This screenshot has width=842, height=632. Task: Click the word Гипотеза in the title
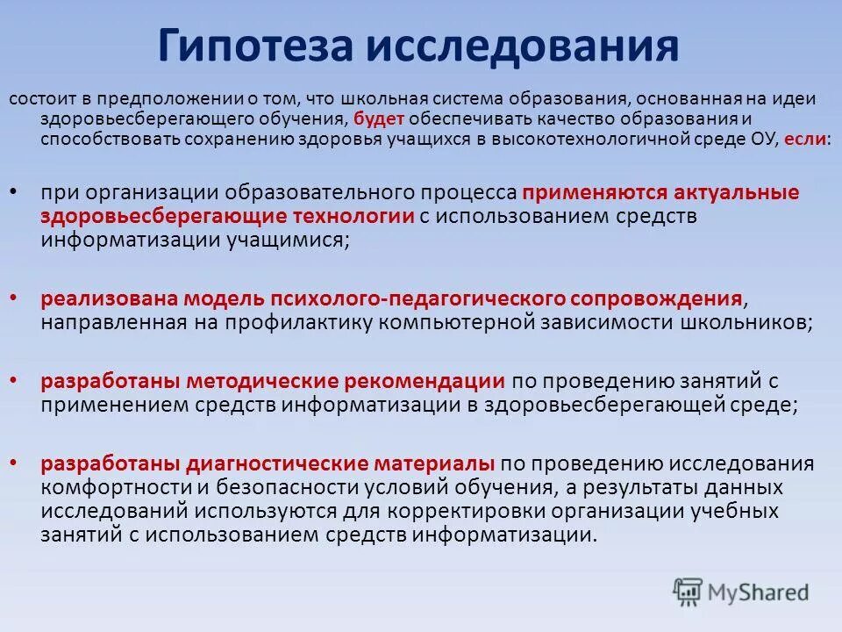tap(254, 46)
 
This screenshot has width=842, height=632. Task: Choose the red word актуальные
tap(736, 192)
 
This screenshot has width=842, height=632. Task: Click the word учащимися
tap(283, 241)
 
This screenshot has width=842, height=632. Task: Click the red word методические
tap(253, 381)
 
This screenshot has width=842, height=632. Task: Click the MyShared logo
tap(741, 591)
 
